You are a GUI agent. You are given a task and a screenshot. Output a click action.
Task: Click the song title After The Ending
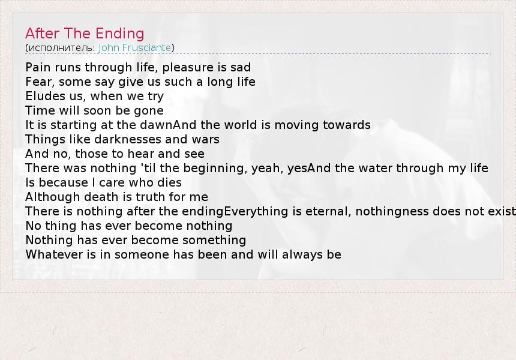pos(85,34)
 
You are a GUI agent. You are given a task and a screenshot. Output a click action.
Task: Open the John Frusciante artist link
pos(134,48)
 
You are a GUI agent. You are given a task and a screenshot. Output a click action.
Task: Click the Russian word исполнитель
pos(61,48)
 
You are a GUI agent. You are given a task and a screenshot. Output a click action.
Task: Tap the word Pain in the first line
pos(38,67)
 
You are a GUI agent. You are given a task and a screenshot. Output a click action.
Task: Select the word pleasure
pos(184,67)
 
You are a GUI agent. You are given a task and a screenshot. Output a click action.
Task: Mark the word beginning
pos(214,169)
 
